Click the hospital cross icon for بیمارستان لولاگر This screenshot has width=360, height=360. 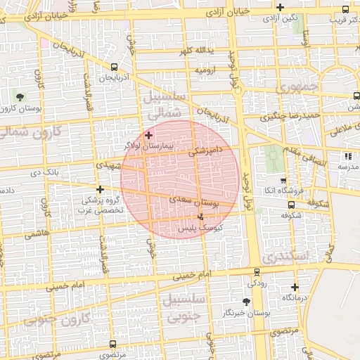(x=148, y=134)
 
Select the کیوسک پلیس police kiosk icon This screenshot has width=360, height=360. (x=201, y=217)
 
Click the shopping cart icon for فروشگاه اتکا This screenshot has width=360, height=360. (x=283, y=179)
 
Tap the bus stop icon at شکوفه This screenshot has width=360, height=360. (x=291, y=205)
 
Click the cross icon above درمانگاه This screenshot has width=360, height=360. (x=295, y=287)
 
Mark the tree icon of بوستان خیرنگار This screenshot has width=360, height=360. (x=245, y=301)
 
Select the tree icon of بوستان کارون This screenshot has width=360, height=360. (x=19, y=96)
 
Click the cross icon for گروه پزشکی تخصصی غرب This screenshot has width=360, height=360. (x=101, y=189)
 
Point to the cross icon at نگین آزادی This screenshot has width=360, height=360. (x=280, y=8)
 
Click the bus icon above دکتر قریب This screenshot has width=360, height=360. (x=345, y=8)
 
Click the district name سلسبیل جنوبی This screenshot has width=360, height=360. (x=184, y=308)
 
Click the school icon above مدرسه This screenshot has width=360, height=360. (x=347, y=156)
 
